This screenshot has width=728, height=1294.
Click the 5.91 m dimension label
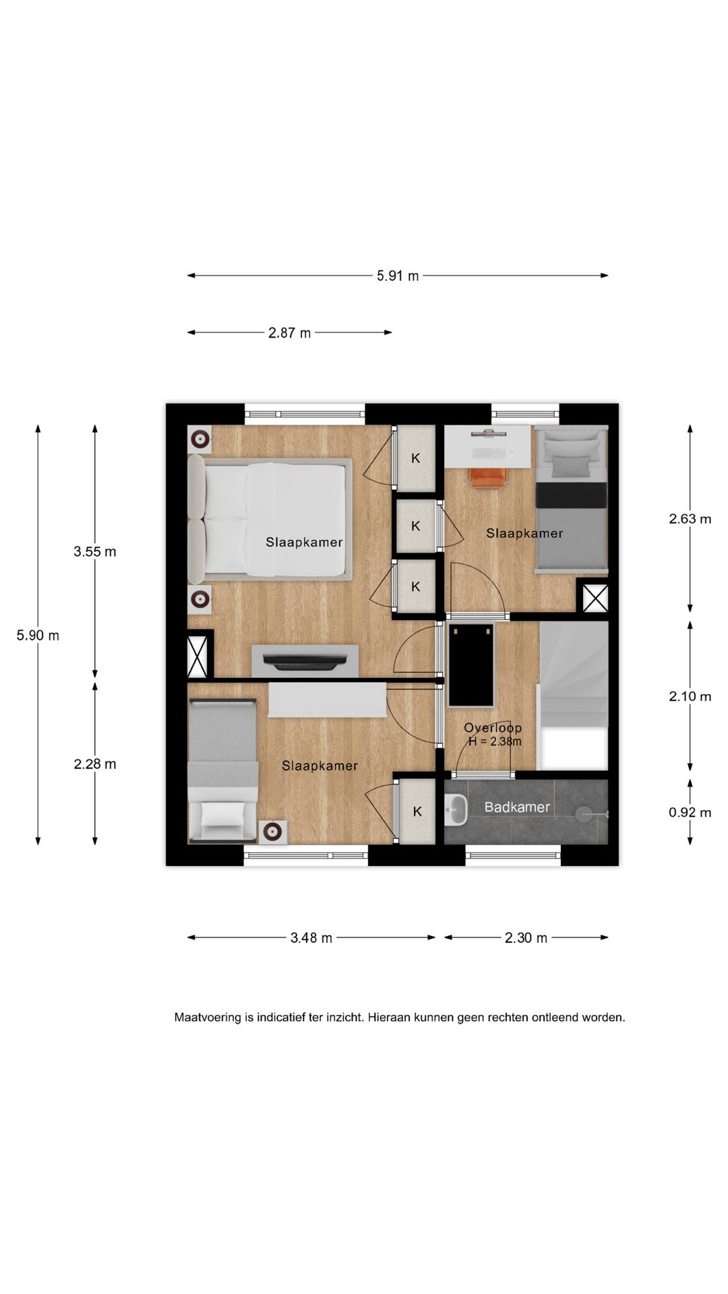(398, 276)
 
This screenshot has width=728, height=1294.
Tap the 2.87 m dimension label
(290, 333)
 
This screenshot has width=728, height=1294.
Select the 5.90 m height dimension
(38, 636)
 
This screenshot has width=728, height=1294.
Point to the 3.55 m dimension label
(95, 552)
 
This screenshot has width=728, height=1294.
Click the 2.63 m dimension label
(690, 519)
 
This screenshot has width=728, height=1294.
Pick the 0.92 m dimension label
(690, 813)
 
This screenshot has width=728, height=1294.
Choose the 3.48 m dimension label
(311, 938)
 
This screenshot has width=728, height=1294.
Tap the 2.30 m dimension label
(526, 938)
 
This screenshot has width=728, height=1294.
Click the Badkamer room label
(517, 807)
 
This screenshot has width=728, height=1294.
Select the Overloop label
(493, 728)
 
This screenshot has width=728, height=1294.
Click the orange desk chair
(488, 477)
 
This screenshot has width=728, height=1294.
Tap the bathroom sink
(456, 809)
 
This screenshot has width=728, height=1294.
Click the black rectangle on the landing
(471, 665)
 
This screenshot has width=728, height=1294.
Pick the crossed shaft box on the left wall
(198, 656)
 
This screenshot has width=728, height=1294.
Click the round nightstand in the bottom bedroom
(273, 832)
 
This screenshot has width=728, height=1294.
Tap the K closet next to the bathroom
(417, 811)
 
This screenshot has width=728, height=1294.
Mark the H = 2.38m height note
(495, 742)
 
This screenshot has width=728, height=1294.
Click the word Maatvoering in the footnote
(208, 1018)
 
